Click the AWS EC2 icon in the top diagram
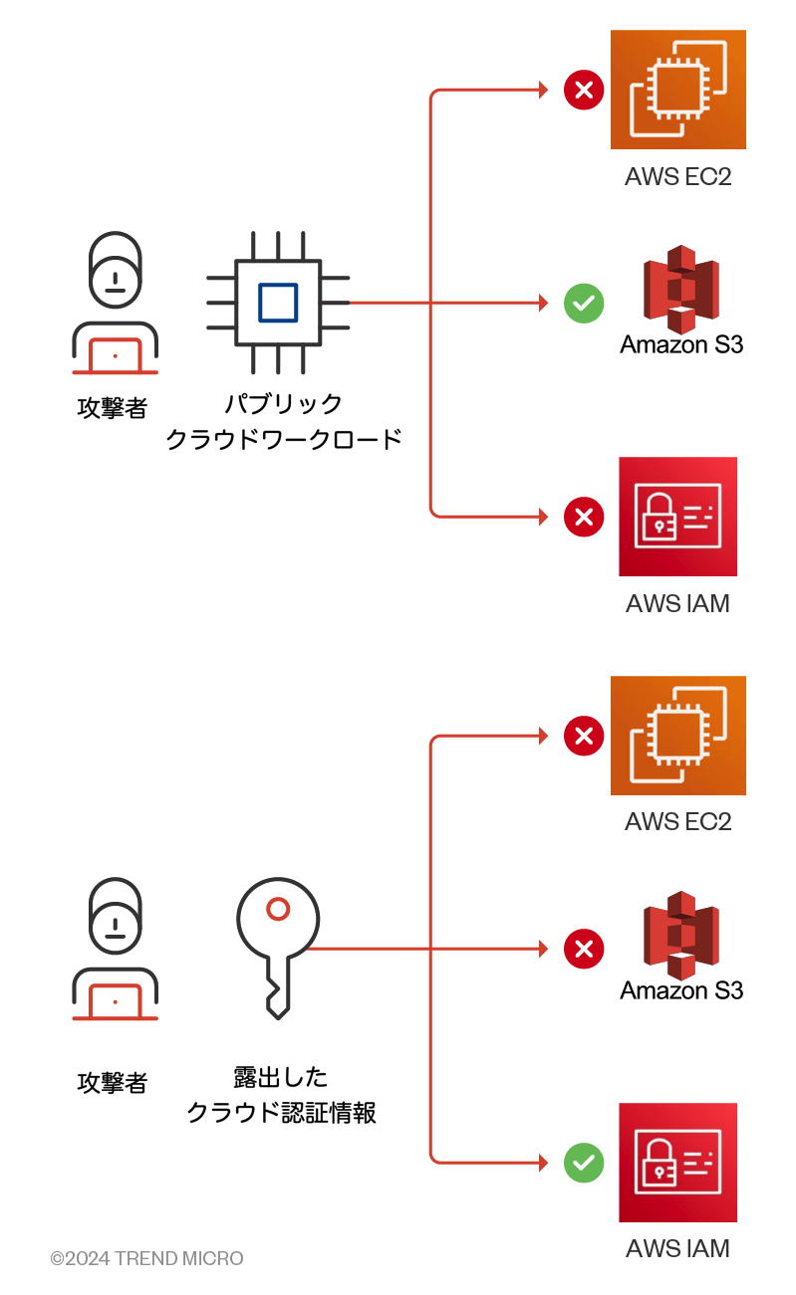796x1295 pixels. click(677, 90)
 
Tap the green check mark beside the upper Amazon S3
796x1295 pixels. click(584, 303)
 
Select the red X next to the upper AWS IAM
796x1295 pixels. click(584, 517)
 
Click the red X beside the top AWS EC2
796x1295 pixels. click(584, 91)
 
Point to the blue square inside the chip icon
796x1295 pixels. click(277, 303)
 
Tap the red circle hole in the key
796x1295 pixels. click(278, 908)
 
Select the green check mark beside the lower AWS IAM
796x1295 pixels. click(584, 1162)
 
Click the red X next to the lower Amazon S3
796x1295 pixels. click(584, 949)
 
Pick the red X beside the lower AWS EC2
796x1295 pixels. click(584, 737)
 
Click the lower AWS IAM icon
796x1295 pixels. click(677, 1162)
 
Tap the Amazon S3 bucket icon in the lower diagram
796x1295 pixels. click(681, 935)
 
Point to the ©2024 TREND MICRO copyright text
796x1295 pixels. click(147, 1259)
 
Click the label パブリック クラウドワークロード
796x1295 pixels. click(283, 421)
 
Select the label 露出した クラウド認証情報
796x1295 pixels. click(281, 1095)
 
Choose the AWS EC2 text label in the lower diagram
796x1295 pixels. click(677, 822)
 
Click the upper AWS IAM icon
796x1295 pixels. click(677, 517)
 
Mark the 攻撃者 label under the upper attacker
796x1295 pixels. click(113, 408)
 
